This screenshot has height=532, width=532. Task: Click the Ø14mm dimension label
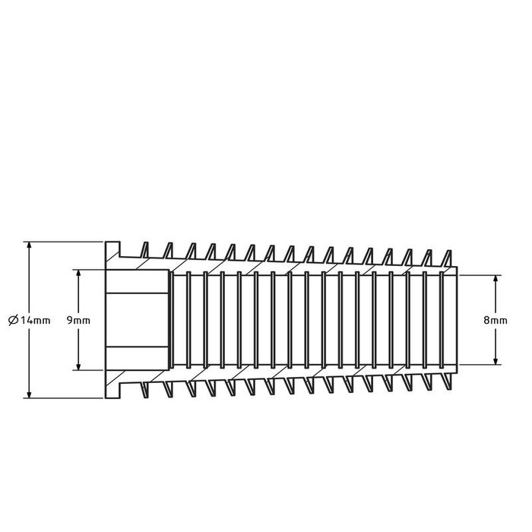tap(30, 321)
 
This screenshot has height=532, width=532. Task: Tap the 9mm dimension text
tap(78, 321)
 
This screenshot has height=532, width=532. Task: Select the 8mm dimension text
tap(496, 321)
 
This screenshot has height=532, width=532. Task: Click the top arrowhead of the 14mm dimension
tap(29, 246)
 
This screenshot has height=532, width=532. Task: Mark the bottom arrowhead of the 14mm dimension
tap(29, 394)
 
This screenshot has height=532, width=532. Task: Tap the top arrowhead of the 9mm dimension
tap(78, 272)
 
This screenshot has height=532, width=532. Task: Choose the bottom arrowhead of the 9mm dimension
tap(78, 367)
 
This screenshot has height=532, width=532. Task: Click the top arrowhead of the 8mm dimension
tap(496, 278)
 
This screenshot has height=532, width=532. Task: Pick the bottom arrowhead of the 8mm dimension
tap(496, 361)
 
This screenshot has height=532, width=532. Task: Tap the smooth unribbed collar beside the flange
tap(137, 319)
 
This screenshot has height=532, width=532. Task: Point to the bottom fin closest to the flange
tap(145, 389)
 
